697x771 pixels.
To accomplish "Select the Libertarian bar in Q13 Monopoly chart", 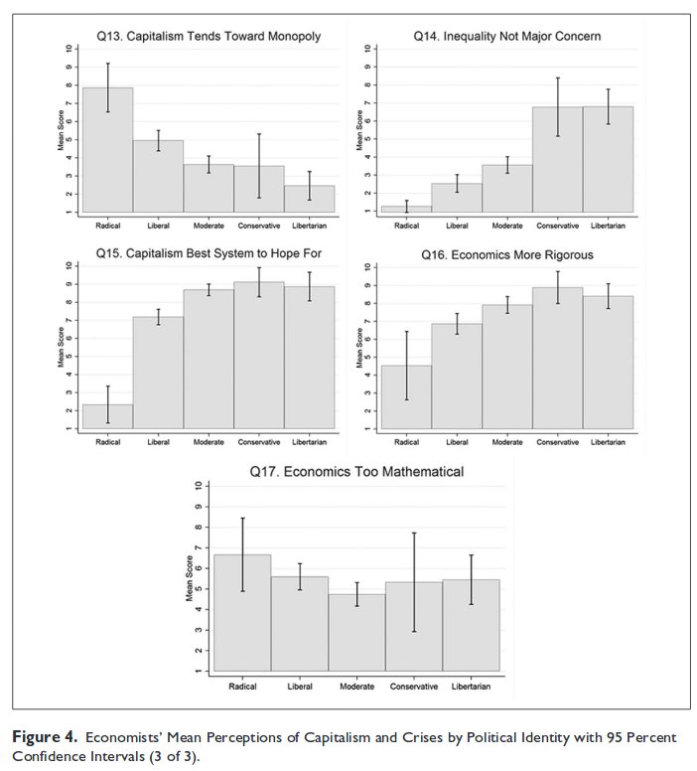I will pyautogui.click(x=309, y=199).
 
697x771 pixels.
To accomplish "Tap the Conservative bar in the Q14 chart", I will pyautogui.click(x=558, y=159).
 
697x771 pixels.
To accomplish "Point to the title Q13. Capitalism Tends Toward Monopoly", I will pyautogui.click(x=208, y=36).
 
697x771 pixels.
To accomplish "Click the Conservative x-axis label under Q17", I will pyautogui.click(x=414, y=687).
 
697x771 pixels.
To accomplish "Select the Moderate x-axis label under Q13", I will pyautogui.click(x=208, y=224).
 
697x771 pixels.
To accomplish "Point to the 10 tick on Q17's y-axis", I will pyautogui.click(x=199, y=486).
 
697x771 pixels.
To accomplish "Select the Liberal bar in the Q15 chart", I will pyautogui.click(x=158, y=373).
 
